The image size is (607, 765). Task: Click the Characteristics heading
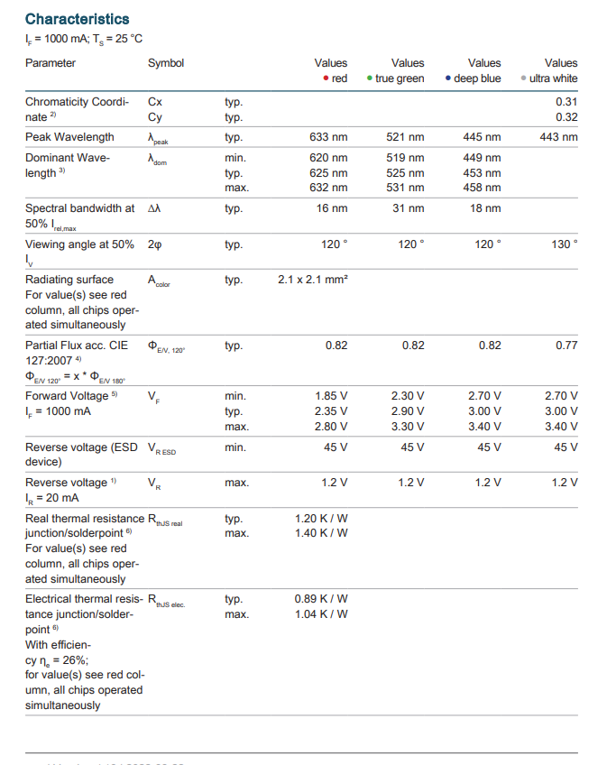pos(77,19)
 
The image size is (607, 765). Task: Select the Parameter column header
pos(51,63)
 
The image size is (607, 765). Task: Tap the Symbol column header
pos(166,63)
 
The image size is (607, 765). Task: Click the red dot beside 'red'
pos(326,78)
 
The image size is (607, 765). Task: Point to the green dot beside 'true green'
pos(370,78)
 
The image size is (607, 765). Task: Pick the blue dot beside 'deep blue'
pos(447,78)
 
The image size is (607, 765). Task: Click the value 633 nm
pos(328,137)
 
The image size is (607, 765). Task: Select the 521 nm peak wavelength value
pos(405,137)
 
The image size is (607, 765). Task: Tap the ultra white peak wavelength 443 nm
pos(558,137)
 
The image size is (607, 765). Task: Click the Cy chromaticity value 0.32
pos(566,117)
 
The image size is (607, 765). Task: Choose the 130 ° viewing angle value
pos(564,244)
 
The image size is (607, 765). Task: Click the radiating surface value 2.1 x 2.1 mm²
pos(313,280)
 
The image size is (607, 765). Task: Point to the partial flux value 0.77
pos(566,346)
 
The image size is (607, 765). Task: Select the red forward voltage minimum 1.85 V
pos(331,396)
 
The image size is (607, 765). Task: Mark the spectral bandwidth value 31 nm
pos(408,208)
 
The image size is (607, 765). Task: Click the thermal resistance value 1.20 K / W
pos(321,518)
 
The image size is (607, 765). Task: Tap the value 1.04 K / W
pos(321,614)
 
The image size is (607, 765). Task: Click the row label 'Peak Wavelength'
pos(69,137)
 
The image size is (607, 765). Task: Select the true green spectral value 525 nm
pos(405,172)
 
